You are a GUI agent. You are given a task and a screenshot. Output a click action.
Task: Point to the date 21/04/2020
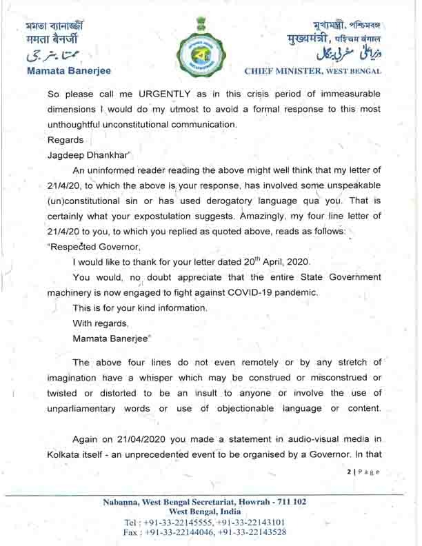point(157,441)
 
